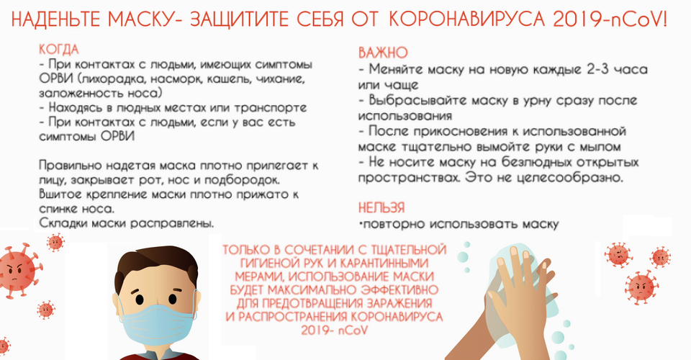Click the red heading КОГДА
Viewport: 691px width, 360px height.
[x=58, y=50]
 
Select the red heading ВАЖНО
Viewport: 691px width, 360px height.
[x=383, y=53]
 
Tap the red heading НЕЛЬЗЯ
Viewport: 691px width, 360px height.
[x=381, y=207]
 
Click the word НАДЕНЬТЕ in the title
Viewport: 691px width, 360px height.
[x=55, y=19]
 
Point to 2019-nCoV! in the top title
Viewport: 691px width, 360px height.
[x=610, y=19]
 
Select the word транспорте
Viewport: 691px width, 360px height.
[x=270, y=107]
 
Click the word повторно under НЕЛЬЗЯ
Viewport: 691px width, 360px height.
[x=394, y=225]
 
